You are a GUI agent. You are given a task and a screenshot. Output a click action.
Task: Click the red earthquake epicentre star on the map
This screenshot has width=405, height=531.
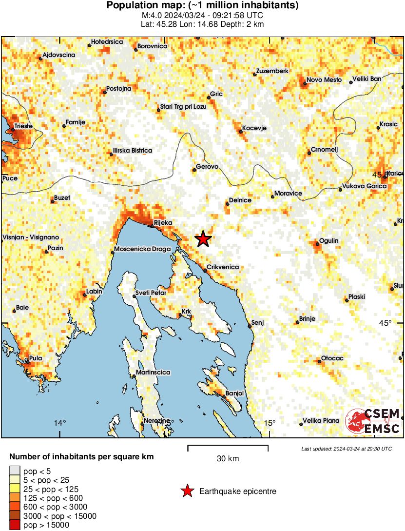pos(203,239)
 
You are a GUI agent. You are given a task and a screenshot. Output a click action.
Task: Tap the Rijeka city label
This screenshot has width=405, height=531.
pos(163,223)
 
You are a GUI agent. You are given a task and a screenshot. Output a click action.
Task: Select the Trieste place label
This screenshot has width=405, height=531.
pos(23,126)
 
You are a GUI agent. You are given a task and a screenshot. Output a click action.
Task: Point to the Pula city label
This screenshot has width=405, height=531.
pos(36,358)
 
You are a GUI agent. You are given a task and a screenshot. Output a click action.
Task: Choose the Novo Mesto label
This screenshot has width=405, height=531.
pos(324,80)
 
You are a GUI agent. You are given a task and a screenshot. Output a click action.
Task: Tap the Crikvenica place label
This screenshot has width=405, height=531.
pos(223,267)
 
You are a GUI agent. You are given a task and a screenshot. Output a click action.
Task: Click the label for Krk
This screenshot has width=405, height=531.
pos(186,311)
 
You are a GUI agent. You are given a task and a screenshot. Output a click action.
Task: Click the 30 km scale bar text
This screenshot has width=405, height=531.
pos(228,459)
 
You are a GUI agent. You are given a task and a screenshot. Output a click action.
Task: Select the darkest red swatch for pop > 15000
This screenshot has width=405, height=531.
pos(15,525)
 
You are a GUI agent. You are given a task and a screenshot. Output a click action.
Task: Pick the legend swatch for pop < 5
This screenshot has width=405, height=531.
pos(15,471)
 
